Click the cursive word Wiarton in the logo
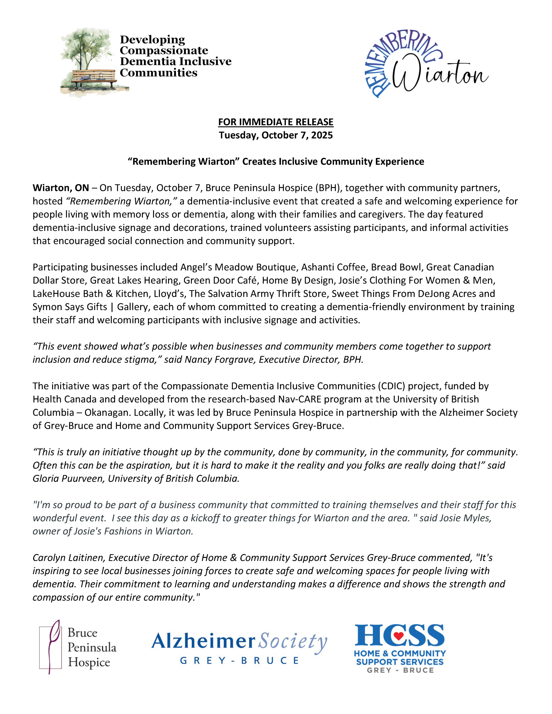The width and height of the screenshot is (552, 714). [440, 74]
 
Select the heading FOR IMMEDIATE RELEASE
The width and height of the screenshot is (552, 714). [276, 122]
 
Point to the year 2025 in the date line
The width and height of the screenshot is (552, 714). [322, 135]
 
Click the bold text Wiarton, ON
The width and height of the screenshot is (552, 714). [61, 188]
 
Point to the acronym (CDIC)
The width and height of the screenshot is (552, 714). [392, 386]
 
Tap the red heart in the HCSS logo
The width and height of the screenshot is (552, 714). [399, 636]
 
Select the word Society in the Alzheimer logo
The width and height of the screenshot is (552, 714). [292, 641]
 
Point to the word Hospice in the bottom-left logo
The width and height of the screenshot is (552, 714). [89, 662]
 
